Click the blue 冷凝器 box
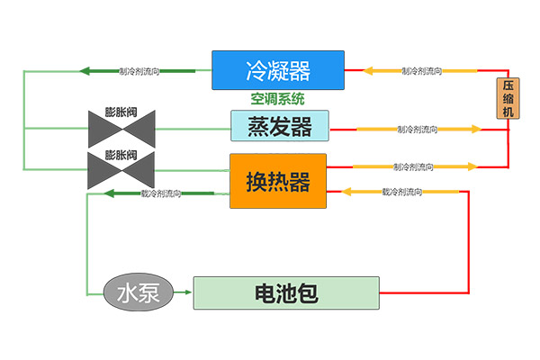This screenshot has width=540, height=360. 277,69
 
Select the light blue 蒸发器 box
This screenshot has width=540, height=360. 279,126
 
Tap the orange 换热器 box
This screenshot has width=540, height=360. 277,181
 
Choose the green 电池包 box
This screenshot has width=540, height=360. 286,292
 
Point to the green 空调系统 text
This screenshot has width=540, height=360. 278,98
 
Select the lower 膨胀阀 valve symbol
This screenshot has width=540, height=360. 123,168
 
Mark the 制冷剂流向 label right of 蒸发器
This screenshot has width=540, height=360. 417,130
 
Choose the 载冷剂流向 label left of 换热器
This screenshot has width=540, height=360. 162,193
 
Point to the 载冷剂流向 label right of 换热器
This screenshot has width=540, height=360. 402,192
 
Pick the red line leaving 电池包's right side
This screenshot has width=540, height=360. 423,292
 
